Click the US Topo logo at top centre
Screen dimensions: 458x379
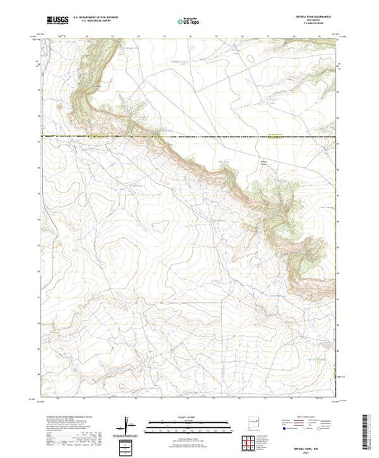click(188, 21)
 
